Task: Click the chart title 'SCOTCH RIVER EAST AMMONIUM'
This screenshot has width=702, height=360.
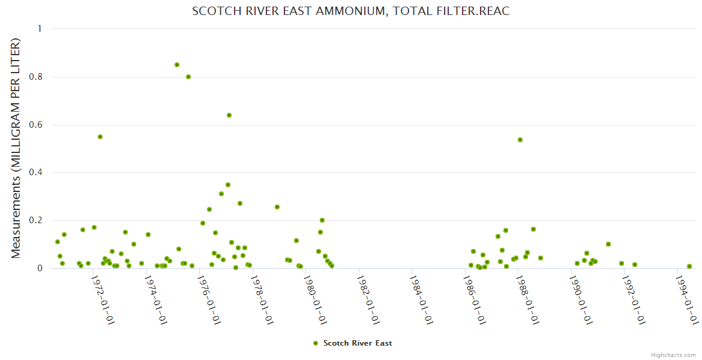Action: point(350,11)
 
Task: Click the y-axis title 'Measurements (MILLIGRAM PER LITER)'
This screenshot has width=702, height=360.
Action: point(16,148)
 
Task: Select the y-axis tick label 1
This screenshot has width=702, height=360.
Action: point(40,29)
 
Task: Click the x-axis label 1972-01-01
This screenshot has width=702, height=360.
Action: point(103,299)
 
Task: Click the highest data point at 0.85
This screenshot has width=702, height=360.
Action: point(177,65)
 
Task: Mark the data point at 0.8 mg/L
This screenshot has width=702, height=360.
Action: point(188,77)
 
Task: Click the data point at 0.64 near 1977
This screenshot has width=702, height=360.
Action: point(229,115)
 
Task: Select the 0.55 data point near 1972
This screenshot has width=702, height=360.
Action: point(100,137)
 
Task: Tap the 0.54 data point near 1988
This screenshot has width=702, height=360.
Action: point(520,140)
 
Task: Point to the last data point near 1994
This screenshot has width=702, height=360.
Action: point(689,266)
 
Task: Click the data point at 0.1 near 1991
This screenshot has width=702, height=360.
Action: point(608,244)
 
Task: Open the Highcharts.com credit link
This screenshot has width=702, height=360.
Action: point(673,355)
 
